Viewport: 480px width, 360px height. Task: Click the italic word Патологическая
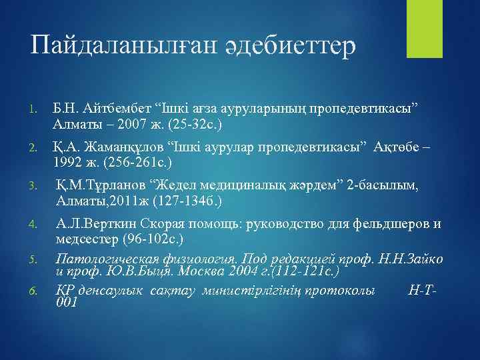point(109,259)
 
